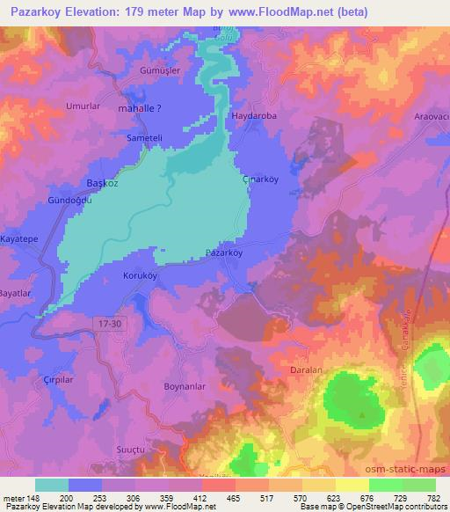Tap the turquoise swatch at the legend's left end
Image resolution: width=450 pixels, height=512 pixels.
52,485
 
